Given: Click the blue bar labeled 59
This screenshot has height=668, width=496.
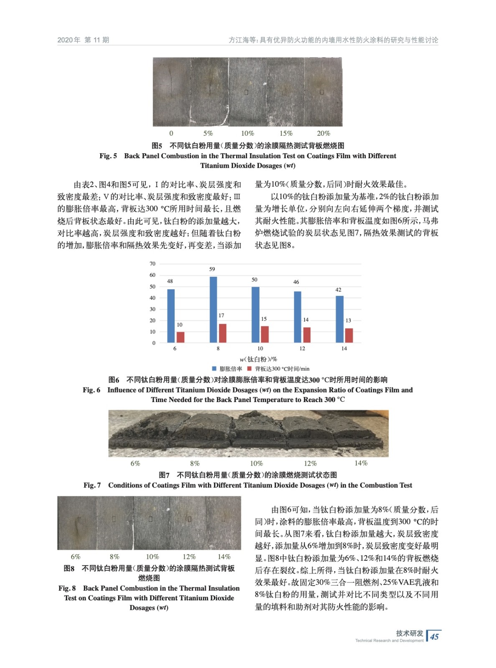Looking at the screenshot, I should point(213,309).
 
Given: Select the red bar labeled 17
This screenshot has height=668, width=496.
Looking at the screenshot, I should point(223,333).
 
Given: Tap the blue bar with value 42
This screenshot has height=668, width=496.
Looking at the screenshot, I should point(340,319).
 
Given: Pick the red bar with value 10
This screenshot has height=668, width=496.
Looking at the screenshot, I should point(181,337).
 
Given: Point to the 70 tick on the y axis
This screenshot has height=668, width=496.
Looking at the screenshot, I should point(153,264).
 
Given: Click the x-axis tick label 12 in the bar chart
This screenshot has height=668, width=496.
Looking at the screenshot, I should point(302,349).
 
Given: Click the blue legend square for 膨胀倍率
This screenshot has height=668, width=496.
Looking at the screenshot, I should point(214,369).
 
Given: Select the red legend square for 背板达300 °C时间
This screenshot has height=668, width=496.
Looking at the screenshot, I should point(249,369).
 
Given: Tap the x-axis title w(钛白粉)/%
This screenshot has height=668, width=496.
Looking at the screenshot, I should point(258,359).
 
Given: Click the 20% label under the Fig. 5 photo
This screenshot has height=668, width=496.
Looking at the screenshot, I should point(323,133).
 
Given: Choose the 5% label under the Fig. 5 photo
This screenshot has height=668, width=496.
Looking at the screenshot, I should point(208,133).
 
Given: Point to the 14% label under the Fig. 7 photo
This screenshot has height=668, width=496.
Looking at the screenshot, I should point(361,463).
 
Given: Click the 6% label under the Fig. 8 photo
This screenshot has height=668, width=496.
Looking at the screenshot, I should point(76,557).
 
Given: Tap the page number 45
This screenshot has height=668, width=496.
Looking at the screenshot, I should point(435,636).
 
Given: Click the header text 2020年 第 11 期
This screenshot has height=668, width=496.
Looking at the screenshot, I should point(83,40).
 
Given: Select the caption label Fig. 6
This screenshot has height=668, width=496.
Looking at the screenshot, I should point(92,390).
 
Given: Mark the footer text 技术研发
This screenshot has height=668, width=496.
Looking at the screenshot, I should point(410,633).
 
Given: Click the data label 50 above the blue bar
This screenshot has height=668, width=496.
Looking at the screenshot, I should point(254,280).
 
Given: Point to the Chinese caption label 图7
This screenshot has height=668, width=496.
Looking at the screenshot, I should point(164,475).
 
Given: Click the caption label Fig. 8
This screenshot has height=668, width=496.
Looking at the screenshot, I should point(67,588).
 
